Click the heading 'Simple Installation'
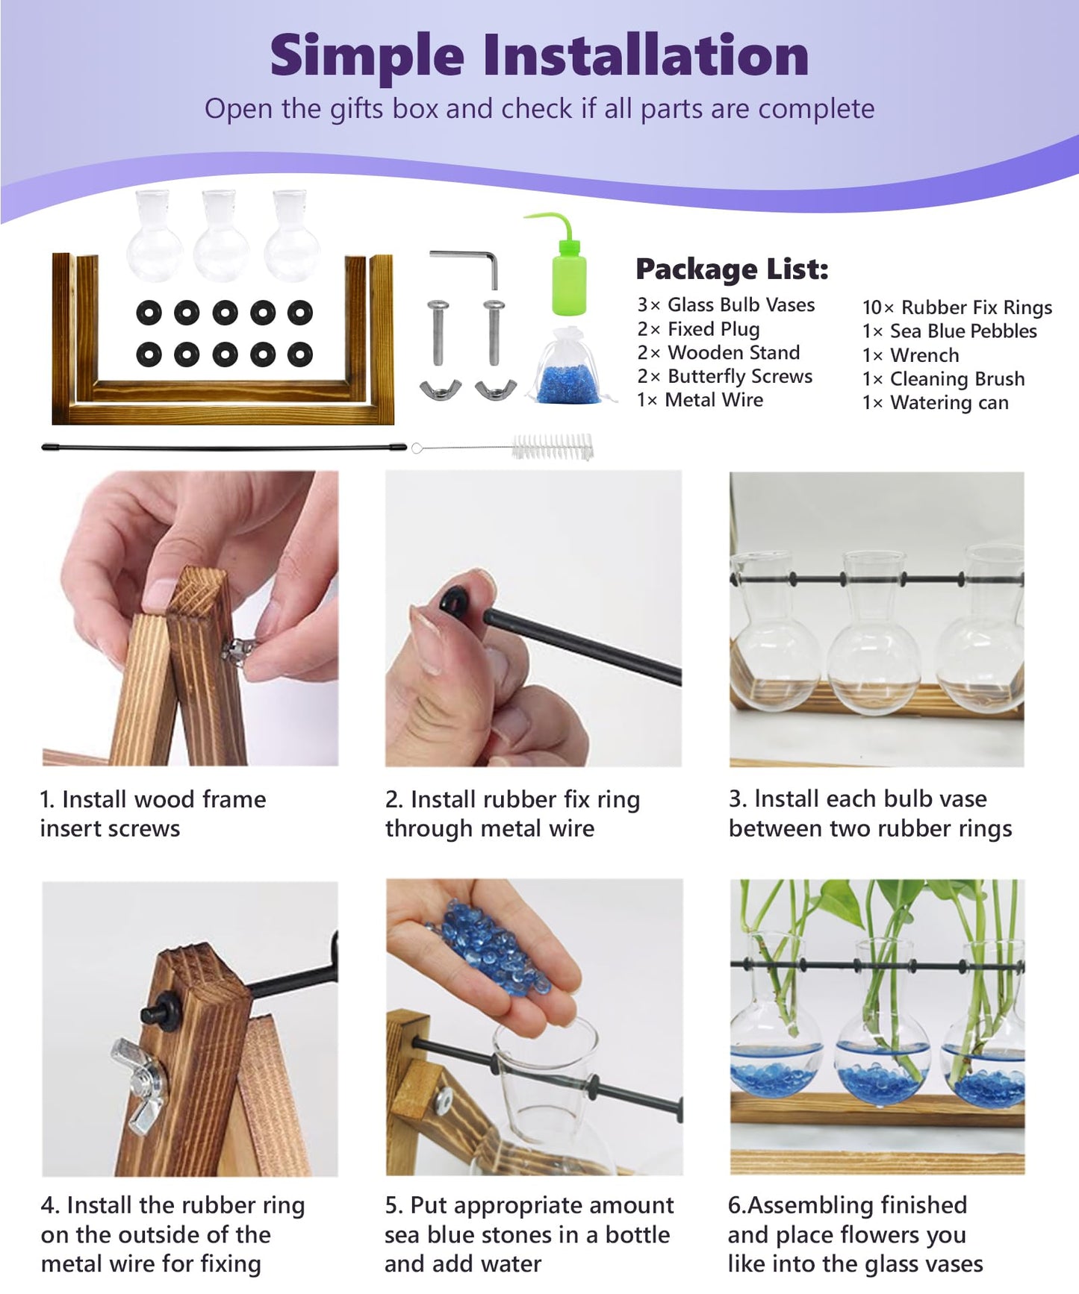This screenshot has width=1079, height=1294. [539, 56]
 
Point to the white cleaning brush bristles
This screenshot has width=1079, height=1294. [553, 447]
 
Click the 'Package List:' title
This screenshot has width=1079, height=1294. [732, 269]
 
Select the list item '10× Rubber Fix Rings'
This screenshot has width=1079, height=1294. [957, 307]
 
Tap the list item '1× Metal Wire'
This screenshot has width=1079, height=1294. [700, 400]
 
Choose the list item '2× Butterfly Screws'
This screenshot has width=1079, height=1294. [724, 376]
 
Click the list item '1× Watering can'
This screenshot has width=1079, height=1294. [936, 403]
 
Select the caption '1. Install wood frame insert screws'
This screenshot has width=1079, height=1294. [153, 813]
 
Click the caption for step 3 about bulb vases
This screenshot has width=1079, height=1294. [870, 813]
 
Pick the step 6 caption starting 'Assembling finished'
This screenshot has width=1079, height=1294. [856, 1234]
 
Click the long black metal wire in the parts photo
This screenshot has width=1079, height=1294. [224, 448]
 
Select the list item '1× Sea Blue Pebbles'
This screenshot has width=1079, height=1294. [950, 331]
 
